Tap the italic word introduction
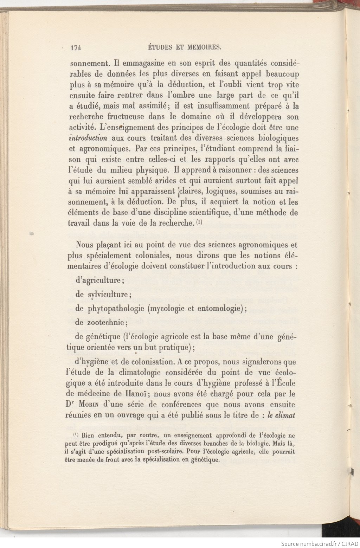88,138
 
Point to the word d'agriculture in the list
99,281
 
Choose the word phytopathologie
116,309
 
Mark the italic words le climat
281,415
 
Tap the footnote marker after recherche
199,223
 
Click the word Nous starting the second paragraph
84,245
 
